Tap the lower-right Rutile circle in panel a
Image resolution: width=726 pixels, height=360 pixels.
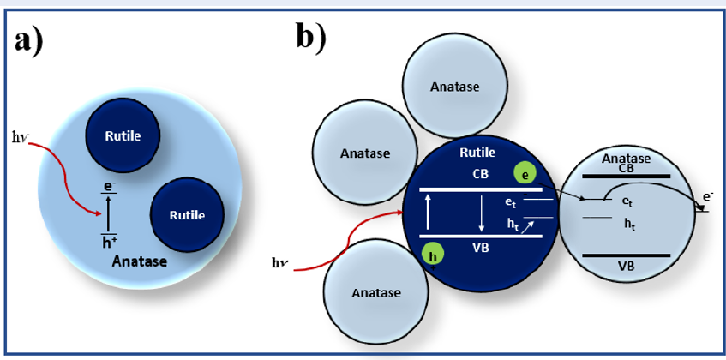(x=186, y=215)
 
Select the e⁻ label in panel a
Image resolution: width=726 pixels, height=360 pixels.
(x=108, y=185)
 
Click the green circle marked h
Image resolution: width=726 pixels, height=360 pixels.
(x=433, y=255)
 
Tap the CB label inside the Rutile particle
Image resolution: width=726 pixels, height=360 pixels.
(x=481, y=174)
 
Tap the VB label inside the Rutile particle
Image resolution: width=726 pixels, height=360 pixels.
(x=480, y=249)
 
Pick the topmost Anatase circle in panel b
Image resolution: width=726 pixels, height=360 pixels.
(x=454, y=87)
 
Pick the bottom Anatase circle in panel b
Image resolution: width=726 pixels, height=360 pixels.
(x=375, y=292)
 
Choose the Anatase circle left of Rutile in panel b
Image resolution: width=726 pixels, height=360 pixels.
(x=364, y=153)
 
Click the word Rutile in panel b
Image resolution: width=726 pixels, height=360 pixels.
(x=477, y=153)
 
